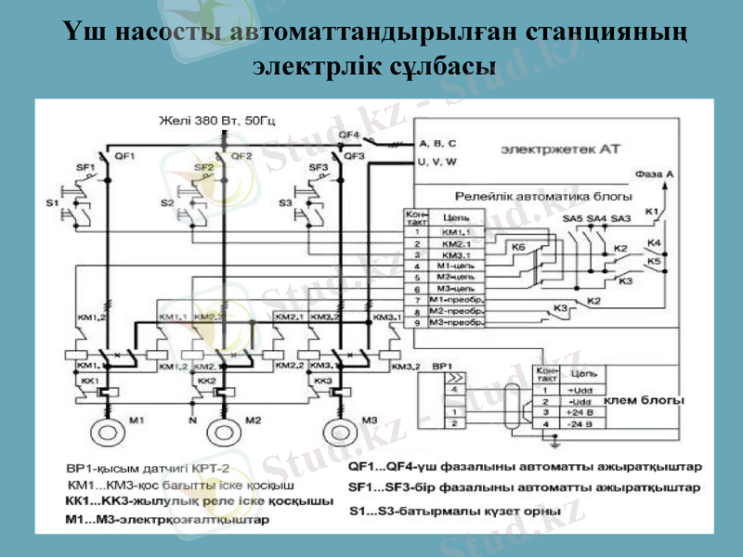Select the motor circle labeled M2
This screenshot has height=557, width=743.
pyautogui.click(x=223, y=433)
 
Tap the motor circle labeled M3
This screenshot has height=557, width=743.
pyautogui.click(x=338, y=433)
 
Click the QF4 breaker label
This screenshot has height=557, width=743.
pyautogui.click(x=349, y=135)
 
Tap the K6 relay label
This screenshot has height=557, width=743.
pyautogui.click(x=517, y=248)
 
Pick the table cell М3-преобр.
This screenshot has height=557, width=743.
pyautogui.click(x=460, y=322)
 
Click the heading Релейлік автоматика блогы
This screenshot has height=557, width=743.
pyautogui.click(x=542, y=197)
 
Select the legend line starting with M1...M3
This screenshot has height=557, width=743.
pyautogui.click(x=168, y=520)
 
